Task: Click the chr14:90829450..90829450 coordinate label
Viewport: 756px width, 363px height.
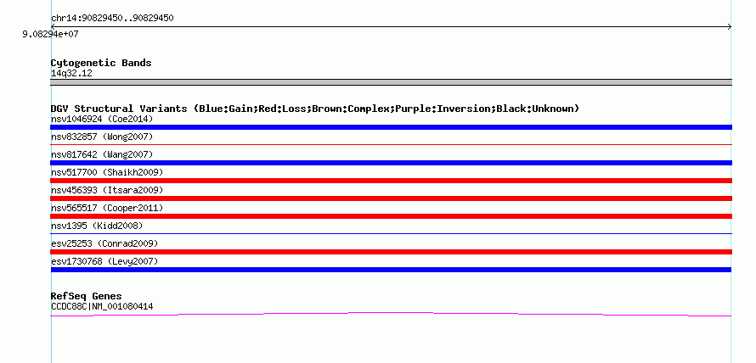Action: tap(112, 19)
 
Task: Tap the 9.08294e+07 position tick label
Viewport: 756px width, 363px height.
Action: tap(50, 35)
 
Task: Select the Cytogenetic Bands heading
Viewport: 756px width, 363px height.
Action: tap(101, 63)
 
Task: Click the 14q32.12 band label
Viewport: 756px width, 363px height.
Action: tap(71, 74)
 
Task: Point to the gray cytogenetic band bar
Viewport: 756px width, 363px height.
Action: tap(391, 82)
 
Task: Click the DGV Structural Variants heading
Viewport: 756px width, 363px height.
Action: tap(315, 109)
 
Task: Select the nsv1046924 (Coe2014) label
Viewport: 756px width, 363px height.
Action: tap(102, 119)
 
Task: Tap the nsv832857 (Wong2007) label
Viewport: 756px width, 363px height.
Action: tap(102, 137)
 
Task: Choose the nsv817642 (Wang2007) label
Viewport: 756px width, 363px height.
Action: tap(102, 154)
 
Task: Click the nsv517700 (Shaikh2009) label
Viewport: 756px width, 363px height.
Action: tap(107, 172)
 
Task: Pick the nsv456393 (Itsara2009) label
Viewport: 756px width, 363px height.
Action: tap(107, 190)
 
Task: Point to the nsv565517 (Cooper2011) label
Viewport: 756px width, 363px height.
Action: tap(107, 208)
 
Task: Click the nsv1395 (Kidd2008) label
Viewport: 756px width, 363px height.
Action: tap(97, 226)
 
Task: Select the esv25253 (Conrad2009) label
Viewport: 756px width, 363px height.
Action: tap(104, 243)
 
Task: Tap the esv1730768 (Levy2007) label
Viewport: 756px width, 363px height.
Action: tap(104, 261)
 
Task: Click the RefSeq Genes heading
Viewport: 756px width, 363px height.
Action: tap(87, 296)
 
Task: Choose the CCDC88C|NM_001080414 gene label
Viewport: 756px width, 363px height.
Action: tap(102, 306)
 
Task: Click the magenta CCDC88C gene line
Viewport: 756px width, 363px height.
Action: tap(391, 313)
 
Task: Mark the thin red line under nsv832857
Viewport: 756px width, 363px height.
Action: tap(391, 144)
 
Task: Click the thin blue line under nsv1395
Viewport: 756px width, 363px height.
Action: tap(391, 233)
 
